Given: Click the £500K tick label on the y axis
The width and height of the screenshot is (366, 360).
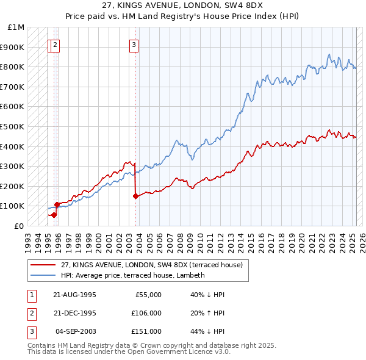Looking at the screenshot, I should [x=12, y=126].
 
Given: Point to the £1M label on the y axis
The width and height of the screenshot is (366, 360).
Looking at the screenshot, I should [x=16, y=27].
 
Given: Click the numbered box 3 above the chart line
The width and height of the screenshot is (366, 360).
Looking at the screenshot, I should [x=134, y=44].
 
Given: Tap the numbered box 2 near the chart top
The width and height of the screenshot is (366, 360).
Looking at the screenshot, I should [x=56, y=44].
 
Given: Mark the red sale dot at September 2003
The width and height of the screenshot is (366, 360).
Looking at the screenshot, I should [x=135, y=196].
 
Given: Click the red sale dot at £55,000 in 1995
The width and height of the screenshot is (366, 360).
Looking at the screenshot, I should [x=54, y=215].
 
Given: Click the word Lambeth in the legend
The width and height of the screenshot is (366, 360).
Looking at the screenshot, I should [x=191, y=275].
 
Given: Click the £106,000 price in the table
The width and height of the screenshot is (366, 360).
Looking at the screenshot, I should [x=146, y=313].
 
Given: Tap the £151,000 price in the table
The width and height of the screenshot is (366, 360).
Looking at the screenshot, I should [x=146, y=331].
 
